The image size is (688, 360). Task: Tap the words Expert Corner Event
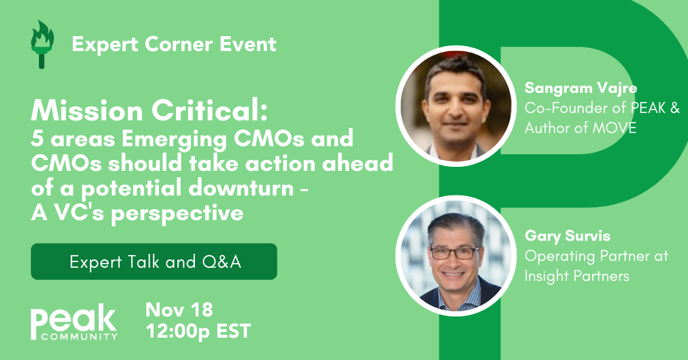pyautogui.click(x=174, y=44)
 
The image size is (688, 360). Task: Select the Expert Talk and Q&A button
pyautogui.click(x=154, y=261)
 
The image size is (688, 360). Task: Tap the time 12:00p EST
pyautogui.click(x=198, y=331)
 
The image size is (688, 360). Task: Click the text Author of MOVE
pyautogui.click(x=580, y=127)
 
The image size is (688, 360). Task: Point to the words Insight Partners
pyautogui.click(x=577, y=276)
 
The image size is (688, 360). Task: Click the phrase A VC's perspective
pyautogui.click(x=138, y=213)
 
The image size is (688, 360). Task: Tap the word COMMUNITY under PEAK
pyautogui.click(x=79, y=336)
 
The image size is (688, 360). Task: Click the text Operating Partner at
pyautogui.click(x=596, y=256)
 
